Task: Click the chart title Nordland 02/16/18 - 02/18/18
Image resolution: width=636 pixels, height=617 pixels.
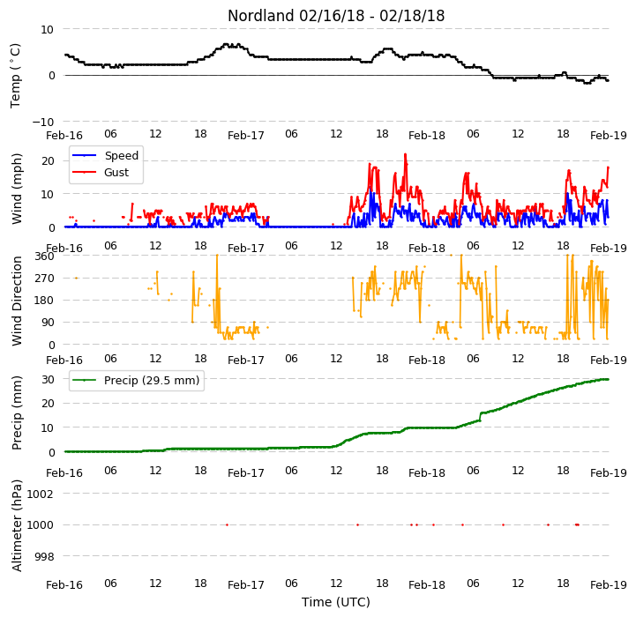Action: click(336, 16)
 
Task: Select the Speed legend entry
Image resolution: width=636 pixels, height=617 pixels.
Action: click(105, 156)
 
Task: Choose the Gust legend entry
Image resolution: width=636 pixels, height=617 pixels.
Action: click(101, 172)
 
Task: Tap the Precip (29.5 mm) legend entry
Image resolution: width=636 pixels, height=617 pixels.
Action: click(136, 380)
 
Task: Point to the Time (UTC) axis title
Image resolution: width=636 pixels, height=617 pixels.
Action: click(336, 602)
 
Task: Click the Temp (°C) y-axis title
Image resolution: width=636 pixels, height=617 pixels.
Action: click(16, 76)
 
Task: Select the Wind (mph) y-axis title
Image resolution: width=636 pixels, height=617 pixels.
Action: click(17, 189)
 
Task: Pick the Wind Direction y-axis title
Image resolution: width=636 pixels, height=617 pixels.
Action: click(17, 301)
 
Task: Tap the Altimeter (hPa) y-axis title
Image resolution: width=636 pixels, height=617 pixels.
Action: click(17, 525)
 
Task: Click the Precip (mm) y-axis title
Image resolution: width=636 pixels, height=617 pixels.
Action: click(17, 413)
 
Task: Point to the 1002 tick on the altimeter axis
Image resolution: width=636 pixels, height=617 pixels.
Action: click(41, 494)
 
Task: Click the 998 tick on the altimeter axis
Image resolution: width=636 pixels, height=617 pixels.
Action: click(44, 556)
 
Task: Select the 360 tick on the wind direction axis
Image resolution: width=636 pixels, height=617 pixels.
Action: click(45, 256)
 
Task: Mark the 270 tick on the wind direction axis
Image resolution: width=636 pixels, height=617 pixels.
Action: click(45, 279)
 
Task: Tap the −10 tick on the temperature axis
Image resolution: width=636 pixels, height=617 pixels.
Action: click(42, 122)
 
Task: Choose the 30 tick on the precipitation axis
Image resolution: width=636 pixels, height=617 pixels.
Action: click(48, 379)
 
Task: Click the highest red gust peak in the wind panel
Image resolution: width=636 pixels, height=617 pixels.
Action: click(405, 154)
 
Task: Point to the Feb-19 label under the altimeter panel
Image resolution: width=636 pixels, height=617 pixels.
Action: click(609, 585)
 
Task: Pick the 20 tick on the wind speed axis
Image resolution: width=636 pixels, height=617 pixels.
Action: click(48, 161)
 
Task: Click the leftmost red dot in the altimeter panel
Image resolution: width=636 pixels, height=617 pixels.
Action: click(228, 525)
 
